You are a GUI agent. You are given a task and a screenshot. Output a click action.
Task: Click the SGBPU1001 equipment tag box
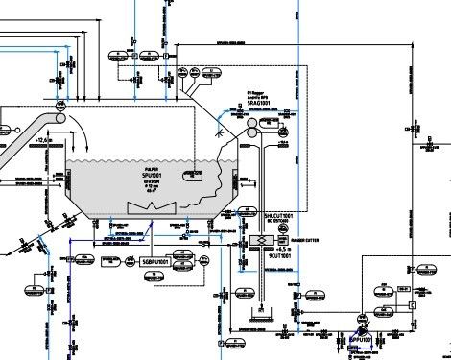click(154, 260)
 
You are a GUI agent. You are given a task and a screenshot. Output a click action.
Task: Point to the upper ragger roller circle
click(253, 123)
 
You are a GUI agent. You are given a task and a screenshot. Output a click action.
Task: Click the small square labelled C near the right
click(411, 305)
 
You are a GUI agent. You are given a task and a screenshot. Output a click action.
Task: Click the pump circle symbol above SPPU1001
click(364, 324)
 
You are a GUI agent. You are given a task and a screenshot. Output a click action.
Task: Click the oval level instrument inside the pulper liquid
click(195, 173)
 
